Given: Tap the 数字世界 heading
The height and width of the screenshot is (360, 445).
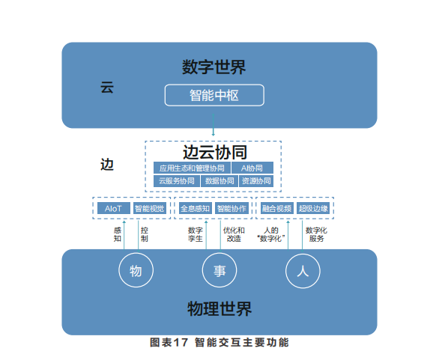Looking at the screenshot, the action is coord(214,67).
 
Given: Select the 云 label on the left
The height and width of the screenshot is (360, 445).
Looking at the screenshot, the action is coord(107,87).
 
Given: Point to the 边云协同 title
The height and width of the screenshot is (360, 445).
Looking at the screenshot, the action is coord(215,152).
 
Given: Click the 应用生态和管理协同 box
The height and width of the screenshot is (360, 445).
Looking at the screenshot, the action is coord(192,168).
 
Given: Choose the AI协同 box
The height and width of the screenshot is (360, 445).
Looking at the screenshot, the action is coord(252,168).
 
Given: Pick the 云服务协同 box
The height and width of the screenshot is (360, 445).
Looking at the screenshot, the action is coord(177,181).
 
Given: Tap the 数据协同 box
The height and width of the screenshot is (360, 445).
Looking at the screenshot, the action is coord(220,181).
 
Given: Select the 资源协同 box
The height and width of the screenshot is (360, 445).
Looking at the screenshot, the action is coord(256,181).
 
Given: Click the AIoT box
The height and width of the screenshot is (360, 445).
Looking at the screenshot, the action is coord(114,208).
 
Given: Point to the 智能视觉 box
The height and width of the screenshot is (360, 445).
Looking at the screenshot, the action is coord(149,208).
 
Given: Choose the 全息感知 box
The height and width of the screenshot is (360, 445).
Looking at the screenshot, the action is coord(195,208).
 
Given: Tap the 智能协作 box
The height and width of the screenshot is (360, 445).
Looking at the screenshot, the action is coord(231,208).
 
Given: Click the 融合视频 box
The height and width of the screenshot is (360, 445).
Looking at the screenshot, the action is coord(276,208).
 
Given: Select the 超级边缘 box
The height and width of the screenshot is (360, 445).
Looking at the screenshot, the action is coord(313,208).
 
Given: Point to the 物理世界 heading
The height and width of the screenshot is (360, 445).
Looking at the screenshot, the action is coord(220,308).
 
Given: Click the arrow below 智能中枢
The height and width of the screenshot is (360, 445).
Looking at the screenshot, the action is coord(213,125).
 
